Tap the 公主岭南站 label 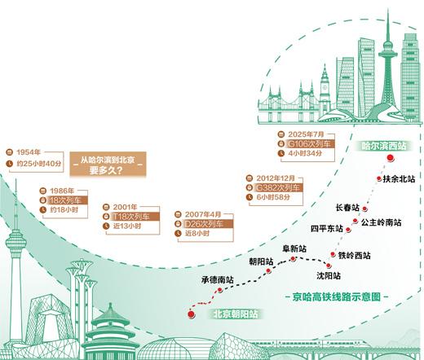(x=382, y=222)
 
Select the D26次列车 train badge (x=203, y=222)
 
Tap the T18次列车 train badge (x=131, y=217)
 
